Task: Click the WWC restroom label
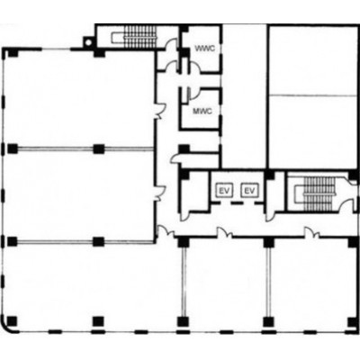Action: click(x=204, y=49)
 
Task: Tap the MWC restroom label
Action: click(x=202, y=112)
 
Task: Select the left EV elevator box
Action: click(x=225, y=190)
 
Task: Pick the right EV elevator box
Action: click(x=249, y=190)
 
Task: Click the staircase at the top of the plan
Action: click(x=134, y=37)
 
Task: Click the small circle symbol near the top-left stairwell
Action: click(x=88, y=42)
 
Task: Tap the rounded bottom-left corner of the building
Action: click(x=8, y=327)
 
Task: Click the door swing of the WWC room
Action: click(x=194, y=66)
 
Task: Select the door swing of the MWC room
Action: click(x=193, y=94)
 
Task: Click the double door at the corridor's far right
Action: click(x=312, y=233)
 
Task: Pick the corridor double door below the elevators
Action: click(x=225, y=232)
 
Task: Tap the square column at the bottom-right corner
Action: click(x=353, y=322)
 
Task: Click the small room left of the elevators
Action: click(x=194, y=192)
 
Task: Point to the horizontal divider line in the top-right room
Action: click(x=312, y=95)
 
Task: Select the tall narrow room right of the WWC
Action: click(x=244, y=96)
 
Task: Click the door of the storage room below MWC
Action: click(x=175, y=157)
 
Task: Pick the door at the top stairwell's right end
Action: click(x=172, y=43)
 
